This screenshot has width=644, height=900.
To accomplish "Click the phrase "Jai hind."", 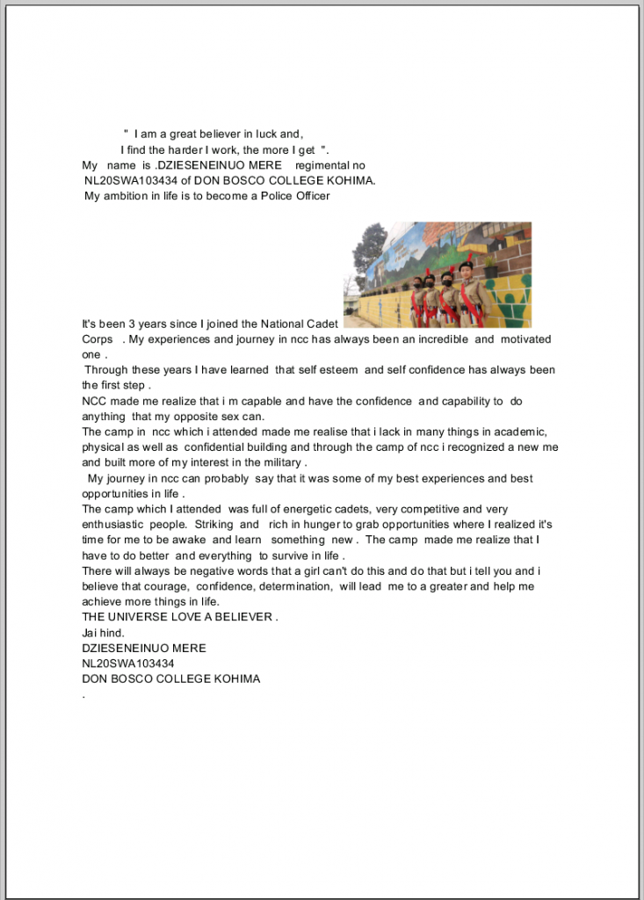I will [104, 633].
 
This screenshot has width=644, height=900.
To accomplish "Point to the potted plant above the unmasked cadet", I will [467, 245].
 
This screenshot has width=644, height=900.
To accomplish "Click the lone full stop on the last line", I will [83, 696].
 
